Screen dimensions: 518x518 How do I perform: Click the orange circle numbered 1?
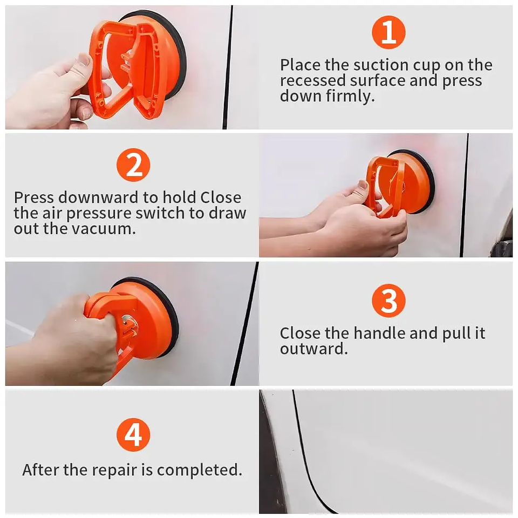point(388,33)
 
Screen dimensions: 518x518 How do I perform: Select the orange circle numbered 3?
point(388,301)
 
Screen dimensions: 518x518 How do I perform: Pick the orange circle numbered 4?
point(133,435)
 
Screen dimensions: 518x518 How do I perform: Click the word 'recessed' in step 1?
point(312,81)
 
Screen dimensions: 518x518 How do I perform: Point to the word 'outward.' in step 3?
point(313,349)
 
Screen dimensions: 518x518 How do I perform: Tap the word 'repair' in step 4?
point(115,469)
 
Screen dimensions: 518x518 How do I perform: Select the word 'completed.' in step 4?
point(199,470)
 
